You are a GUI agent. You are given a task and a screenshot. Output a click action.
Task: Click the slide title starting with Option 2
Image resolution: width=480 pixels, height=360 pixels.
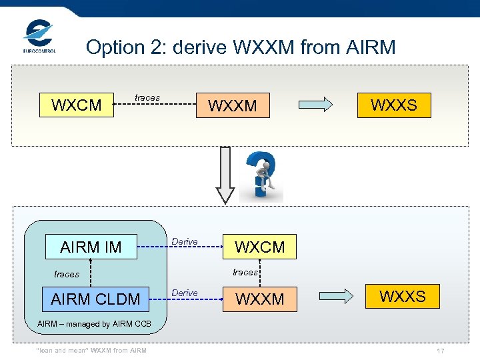pos(241,47)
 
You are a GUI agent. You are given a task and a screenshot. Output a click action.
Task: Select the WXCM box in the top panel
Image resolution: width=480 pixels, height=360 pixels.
pos(77,105)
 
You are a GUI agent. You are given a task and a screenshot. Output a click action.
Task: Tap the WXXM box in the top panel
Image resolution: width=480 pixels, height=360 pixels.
pos(233,105)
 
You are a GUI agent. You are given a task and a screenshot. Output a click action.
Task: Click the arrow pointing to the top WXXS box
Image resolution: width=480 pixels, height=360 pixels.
pos(314,105)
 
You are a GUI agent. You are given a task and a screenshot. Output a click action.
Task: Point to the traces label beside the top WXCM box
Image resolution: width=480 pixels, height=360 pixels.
pos(147,97)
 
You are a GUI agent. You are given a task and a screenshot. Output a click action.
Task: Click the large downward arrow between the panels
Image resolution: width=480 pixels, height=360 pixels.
pos(225,174)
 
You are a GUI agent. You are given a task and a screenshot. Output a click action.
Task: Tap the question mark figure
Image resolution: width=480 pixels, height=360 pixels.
pos(261,177)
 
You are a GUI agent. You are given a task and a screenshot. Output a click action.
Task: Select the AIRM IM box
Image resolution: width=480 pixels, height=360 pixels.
pos(91,247)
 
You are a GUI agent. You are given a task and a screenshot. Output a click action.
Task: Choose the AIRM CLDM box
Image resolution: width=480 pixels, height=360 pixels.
pos(95,299)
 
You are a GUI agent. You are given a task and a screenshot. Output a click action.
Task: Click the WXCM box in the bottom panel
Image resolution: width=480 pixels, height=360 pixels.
pos(260,247)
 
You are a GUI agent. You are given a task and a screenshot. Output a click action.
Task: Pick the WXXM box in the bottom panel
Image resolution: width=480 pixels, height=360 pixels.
pos(260,299)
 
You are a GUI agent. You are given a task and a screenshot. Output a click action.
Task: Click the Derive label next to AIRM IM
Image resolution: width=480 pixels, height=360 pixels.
pos(185,241)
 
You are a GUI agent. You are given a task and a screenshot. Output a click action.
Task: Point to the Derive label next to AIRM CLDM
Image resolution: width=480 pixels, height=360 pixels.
pos(185,293)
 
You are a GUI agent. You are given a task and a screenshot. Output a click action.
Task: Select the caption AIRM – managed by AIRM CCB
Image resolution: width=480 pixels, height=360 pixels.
pos(94,324)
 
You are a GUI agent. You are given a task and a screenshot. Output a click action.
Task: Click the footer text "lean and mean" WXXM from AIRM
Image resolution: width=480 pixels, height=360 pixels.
pos(91,351)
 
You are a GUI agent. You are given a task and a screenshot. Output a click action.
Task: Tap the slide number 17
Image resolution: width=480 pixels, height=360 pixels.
pos(440,351)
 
